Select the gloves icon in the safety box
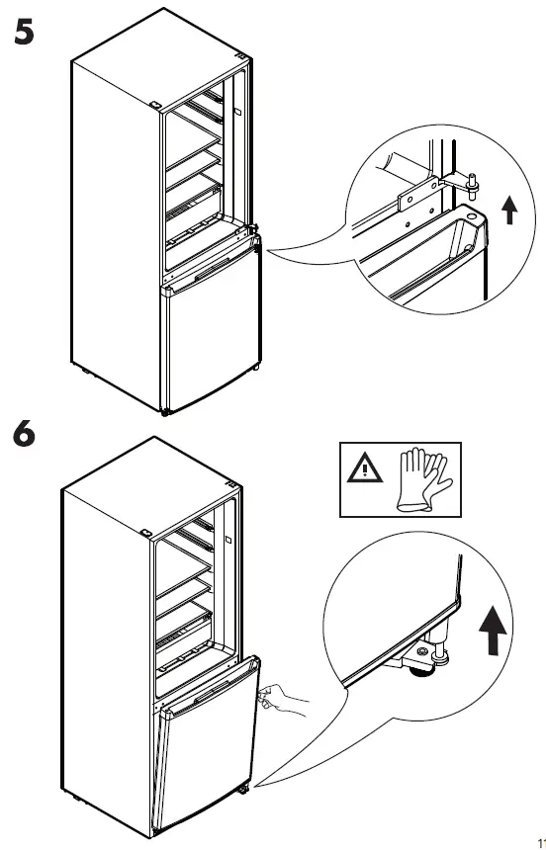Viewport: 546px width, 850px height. point(424,481)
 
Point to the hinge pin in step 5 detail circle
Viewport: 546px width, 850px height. point(474,181)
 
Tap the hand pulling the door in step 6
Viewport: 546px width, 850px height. point(282,700)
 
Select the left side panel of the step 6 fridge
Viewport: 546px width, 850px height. point(104,642)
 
